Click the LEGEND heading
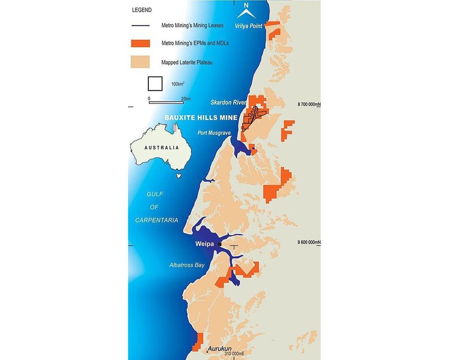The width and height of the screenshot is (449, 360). click(x=142, y=10)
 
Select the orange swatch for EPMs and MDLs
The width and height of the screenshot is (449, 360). click(x=140, y=44)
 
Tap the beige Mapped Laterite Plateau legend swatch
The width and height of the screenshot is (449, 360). click(x=140, y=62)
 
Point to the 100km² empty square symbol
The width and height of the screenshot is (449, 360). click(x=155, y=83)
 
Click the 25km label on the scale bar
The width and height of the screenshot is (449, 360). click(x=185, y=98)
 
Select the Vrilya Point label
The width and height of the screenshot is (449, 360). click(x=248, y=26)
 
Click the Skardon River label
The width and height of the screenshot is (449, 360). click(x=229, y=102)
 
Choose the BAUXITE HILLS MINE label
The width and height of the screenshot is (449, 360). click(x=201, y=118)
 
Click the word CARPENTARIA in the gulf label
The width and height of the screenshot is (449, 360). click(x=156, y=220)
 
